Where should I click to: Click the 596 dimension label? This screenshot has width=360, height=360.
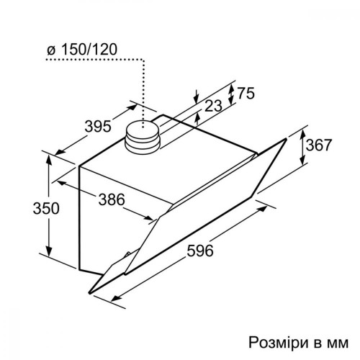tap(200, 251)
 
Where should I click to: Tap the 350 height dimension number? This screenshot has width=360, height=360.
tap(46, 208)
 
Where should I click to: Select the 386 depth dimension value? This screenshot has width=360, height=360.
tap(112, 199)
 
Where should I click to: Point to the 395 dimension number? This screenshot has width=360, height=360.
tap(98, 126)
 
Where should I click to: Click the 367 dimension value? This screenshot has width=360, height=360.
tap(318, 145)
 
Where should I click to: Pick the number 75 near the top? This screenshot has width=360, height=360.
tap(246, 93)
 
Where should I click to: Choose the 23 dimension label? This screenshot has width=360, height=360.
tap(213, 106)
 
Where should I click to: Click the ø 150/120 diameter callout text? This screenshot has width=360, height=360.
tap(82, 50)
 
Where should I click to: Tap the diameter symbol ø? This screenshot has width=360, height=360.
tap(51, 50)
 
